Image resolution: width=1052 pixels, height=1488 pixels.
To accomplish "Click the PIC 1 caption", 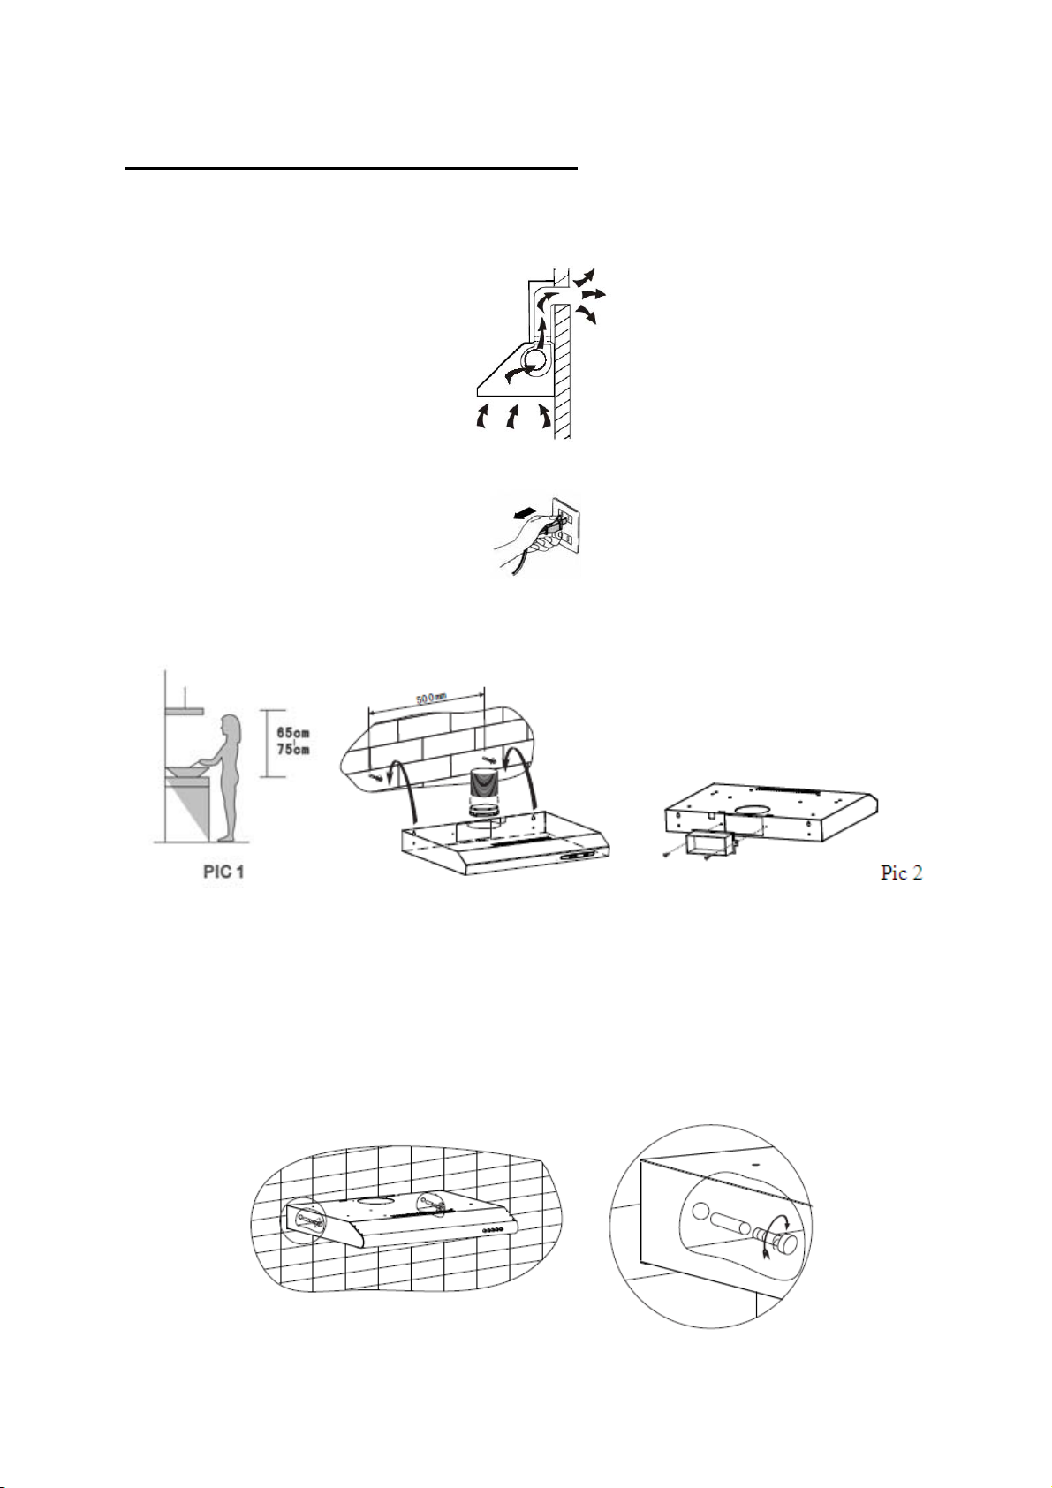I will (x=223, y=872).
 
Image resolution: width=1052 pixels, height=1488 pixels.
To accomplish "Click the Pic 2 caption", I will (x=901, y=872).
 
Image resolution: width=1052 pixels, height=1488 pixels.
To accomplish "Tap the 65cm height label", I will (x=291, y=734).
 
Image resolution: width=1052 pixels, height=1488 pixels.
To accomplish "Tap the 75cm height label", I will (x=291, y=750).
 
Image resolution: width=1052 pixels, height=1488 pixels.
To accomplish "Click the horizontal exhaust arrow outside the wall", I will (x=594, y=293).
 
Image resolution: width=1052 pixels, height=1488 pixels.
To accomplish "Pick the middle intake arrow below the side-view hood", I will (x=511, y=418).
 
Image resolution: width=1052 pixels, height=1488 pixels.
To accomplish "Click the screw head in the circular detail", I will (x=785, y=1243).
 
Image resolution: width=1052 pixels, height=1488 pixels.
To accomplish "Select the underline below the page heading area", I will (x=351, y=166).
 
